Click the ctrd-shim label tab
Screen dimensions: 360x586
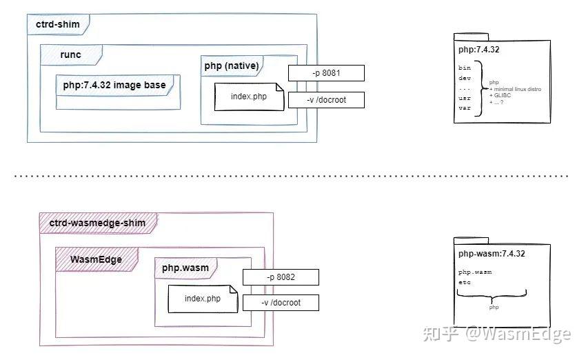58,25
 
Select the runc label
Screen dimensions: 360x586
70,54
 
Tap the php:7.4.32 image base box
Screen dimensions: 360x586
114,84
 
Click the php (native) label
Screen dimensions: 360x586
232,66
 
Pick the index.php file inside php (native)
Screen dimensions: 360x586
248,97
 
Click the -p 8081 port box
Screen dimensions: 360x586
325,73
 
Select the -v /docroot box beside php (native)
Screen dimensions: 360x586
325,100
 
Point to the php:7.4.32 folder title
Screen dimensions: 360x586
478,50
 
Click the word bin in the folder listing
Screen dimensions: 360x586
465,68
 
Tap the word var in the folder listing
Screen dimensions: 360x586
465,108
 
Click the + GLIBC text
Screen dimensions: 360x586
501,95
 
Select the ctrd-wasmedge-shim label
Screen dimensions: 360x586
98,223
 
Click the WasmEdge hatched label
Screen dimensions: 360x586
97,259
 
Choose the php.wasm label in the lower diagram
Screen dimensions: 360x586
185,268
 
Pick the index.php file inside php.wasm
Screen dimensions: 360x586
202,299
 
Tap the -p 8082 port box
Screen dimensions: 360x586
280,277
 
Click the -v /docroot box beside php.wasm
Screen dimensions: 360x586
280,302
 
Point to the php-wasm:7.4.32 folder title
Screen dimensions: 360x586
492,254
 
